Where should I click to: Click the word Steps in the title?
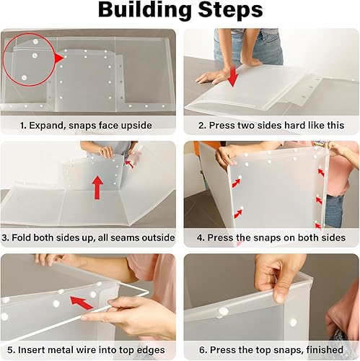coord(230,9)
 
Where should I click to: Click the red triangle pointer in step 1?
coord(59,58)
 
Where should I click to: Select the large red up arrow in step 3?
coord(97,187)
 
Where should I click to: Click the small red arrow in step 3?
coord(130,165)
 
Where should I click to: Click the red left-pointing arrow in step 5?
coord(82,303)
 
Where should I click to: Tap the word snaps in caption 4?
coord(267,238)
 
